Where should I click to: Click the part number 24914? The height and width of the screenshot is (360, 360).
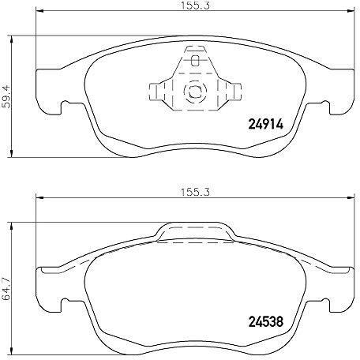coord(266,124)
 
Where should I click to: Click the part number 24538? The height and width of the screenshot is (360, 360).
coord(266,321)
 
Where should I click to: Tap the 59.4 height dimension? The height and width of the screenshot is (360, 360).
coord(6,97)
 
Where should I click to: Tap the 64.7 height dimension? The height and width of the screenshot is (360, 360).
coord(6,291)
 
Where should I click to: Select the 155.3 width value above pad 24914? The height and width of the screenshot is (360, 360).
coord(195,6)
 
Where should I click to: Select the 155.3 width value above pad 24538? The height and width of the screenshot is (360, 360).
coord(195,192)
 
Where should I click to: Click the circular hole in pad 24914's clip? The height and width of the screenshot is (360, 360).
coord(195,92)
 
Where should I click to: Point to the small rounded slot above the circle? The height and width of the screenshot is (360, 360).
coord(195,61)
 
